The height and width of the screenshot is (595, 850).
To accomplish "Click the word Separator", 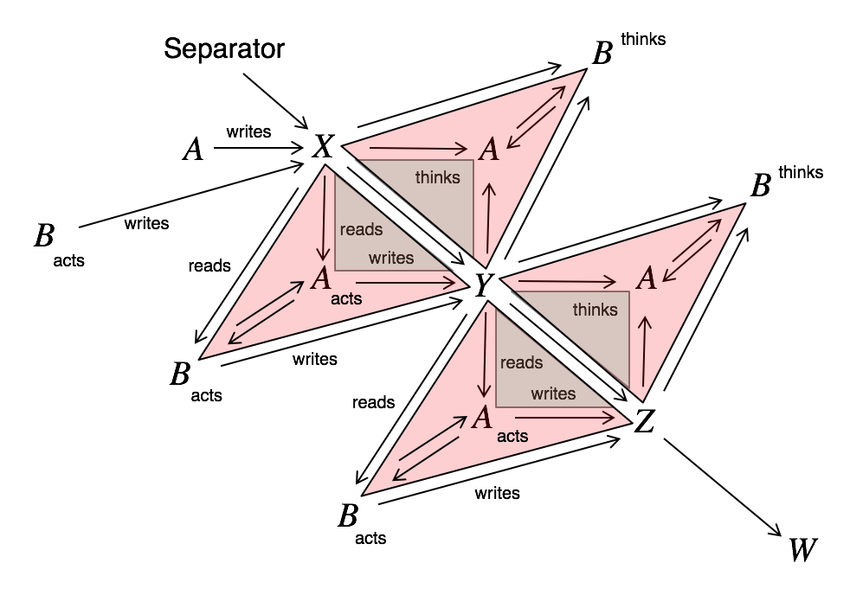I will [224, 48].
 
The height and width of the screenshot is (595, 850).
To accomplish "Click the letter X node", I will [325, 147].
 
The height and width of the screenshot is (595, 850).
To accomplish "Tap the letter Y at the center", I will [483, 285].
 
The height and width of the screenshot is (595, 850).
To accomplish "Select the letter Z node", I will [645, 422].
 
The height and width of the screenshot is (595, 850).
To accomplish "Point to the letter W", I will [802, 548].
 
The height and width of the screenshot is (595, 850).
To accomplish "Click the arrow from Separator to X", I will [275, 99].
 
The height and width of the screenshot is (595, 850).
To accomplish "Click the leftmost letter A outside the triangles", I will [193, 150].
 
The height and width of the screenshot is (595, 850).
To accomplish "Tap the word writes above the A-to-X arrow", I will [248, 132].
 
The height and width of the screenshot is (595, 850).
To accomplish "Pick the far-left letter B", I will [43, 236].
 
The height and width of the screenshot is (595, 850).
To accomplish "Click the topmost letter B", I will [602, 54].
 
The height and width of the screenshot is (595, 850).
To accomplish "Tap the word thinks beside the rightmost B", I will [801, 172].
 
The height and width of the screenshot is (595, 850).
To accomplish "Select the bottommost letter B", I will [348, 517].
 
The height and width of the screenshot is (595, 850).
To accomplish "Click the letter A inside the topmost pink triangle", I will [489, 150].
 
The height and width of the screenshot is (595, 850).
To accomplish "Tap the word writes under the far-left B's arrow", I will [146, 224].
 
